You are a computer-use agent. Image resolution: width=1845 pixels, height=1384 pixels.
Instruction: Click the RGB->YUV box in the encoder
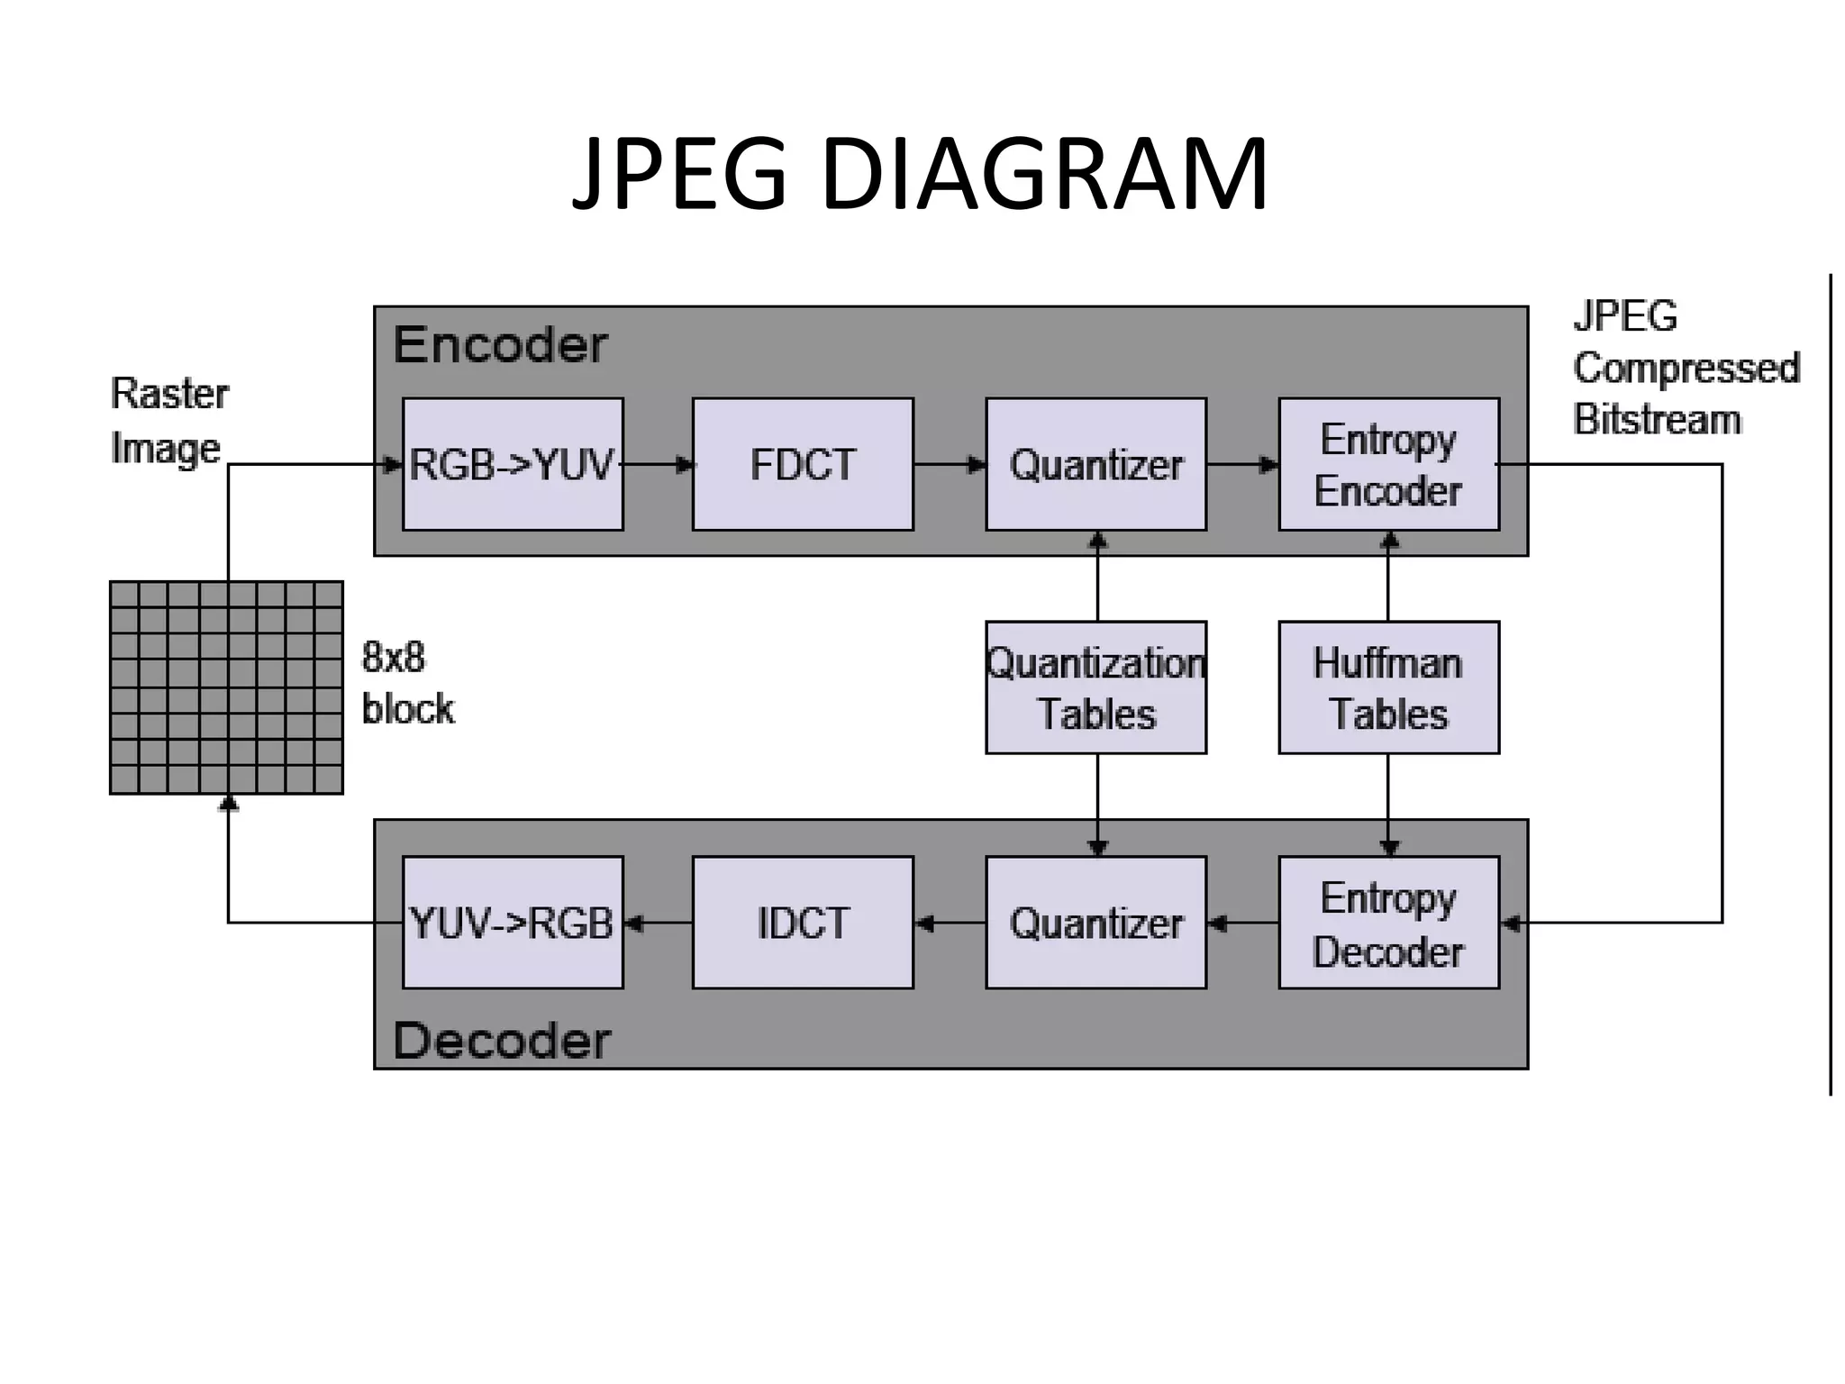[x=513, y=464]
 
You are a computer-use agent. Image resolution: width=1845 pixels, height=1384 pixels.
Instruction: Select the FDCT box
[x=803, y=464]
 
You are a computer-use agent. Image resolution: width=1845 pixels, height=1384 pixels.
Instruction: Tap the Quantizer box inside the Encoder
[x=1095, y=464]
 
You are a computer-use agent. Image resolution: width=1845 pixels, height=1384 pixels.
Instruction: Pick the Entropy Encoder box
[x=1388, y=464]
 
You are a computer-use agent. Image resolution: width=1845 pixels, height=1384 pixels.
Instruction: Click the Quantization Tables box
[x=1095, y=687]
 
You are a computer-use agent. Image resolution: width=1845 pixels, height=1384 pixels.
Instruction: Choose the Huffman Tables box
[x=1388, y=687]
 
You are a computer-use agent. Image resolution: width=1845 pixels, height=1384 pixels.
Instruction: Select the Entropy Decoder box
[x=1388, y=923]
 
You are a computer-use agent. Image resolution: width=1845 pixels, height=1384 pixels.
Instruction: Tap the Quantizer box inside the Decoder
[x=1095, y=923]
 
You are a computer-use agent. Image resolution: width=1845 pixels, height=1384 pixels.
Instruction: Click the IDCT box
[x=803, y=923]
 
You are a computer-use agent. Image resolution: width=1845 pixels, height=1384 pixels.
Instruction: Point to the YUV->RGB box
[x=513, y=923]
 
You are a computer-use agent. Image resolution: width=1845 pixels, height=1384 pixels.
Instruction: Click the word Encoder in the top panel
[x=501, y=344]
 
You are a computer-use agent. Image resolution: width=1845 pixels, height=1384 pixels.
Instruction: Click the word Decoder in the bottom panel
[x=502, y=1041]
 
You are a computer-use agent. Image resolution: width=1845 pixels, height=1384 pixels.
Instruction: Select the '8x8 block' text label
[x=407, y=683]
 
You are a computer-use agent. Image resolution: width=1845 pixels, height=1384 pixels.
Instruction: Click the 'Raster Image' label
[x=168, y=421]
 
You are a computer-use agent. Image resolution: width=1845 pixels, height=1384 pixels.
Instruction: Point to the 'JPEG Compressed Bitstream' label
[x=1685, y=368]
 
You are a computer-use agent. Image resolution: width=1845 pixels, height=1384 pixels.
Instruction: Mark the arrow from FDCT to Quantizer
[x=950, y=465]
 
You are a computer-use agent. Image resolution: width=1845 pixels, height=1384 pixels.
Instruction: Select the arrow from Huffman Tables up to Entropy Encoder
[x=1388, y=577]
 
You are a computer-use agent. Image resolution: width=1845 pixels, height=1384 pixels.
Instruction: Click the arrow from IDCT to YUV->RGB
[x=659, y=924]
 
